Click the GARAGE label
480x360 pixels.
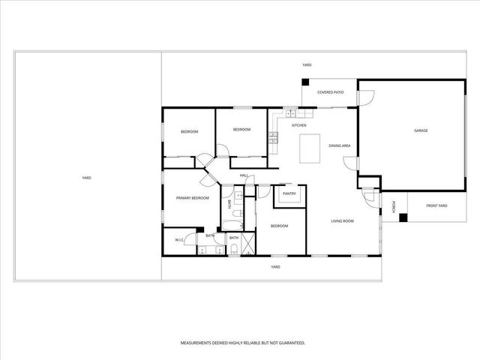[421, 130]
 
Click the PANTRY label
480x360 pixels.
[289, 193]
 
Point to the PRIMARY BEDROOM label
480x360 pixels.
[192, 198]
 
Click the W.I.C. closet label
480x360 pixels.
[180, 240]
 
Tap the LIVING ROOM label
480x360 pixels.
[343, 221]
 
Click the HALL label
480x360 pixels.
[244, 175]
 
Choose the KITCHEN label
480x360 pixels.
[299, 125]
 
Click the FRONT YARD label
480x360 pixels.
[436, 205]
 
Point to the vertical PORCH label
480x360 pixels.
[394, 205]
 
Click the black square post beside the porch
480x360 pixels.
[403, 218]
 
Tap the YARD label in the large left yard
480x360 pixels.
[86, 178]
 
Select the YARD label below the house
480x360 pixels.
[275, 266]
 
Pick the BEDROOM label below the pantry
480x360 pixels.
[279, 226]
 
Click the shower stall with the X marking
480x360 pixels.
[248, 244]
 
